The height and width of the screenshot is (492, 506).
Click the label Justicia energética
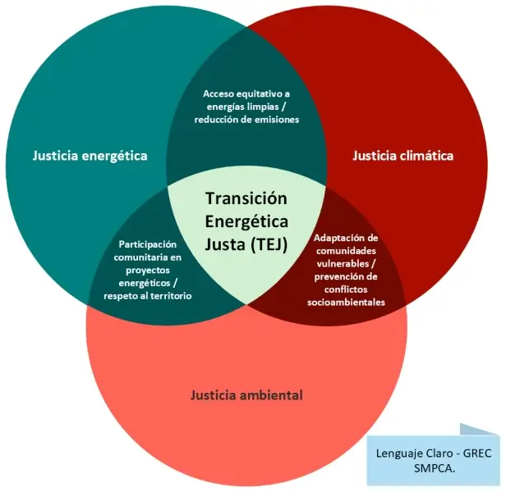coord(90,155)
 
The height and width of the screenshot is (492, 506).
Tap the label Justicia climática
coord(402,155)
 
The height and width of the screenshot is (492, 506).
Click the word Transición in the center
coord(246,198)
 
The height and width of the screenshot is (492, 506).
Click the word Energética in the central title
coord(246,221)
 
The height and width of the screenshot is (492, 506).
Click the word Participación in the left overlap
coord(148,244)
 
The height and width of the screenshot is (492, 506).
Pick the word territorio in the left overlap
coord(170,295)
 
